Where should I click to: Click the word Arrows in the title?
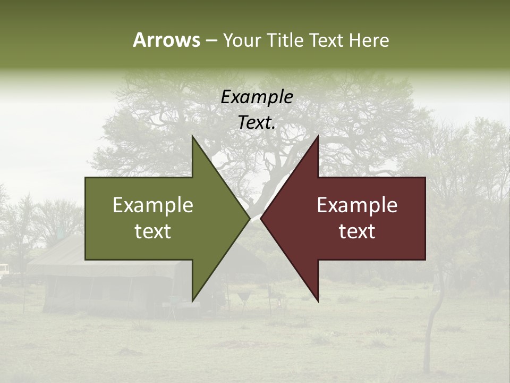tap(166, 40)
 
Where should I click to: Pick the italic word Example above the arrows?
tap(257, 97)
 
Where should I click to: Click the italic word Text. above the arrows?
tap(257, 123)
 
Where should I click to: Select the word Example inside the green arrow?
tap(153, 205)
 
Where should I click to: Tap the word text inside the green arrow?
tap(153, 231)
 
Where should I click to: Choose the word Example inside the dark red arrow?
tap(357, 205)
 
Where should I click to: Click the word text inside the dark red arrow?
tap(357, 231)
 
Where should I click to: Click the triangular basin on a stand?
tap(244, 296)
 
